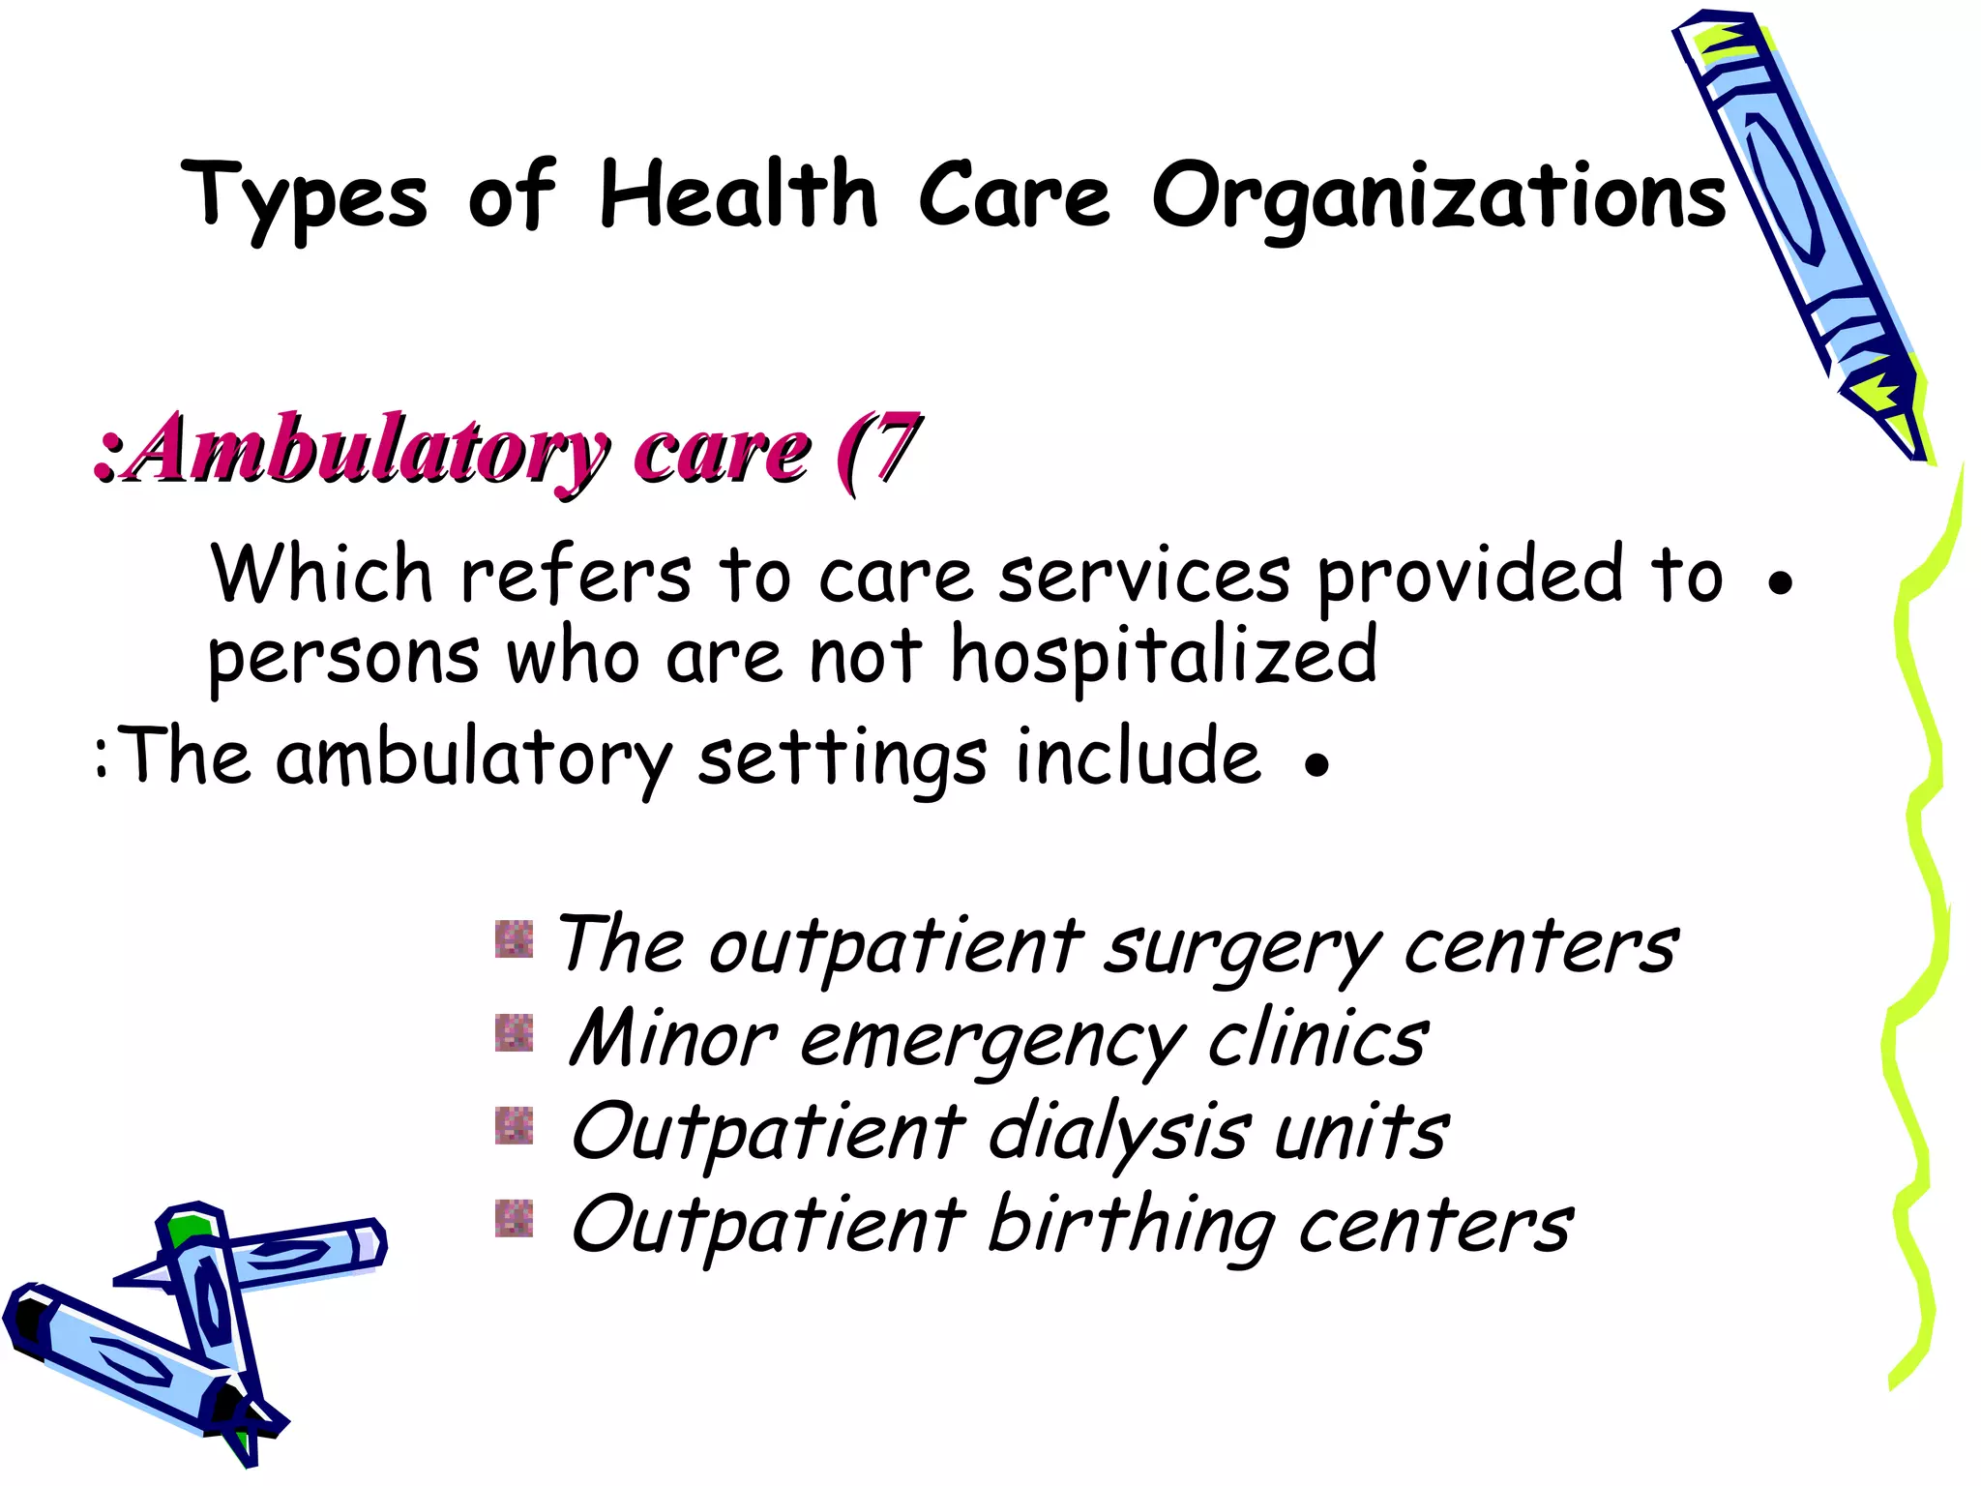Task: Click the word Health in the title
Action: click(x=738, y=194)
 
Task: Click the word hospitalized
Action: click(x=1164, y=656)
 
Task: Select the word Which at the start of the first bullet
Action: click(x=322, y=575)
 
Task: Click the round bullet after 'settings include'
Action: click(x=1316, y=765)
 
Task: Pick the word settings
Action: click(x=842, y=760)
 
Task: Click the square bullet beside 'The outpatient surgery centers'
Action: click(x=514, y=938)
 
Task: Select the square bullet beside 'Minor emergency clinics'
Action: click(x=514, y=1032)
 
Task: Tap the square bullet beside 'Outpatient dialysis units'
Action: click(x=514, y=1125)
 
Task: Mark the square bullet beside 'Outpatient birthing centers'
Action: click(x=514, y=1218)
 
